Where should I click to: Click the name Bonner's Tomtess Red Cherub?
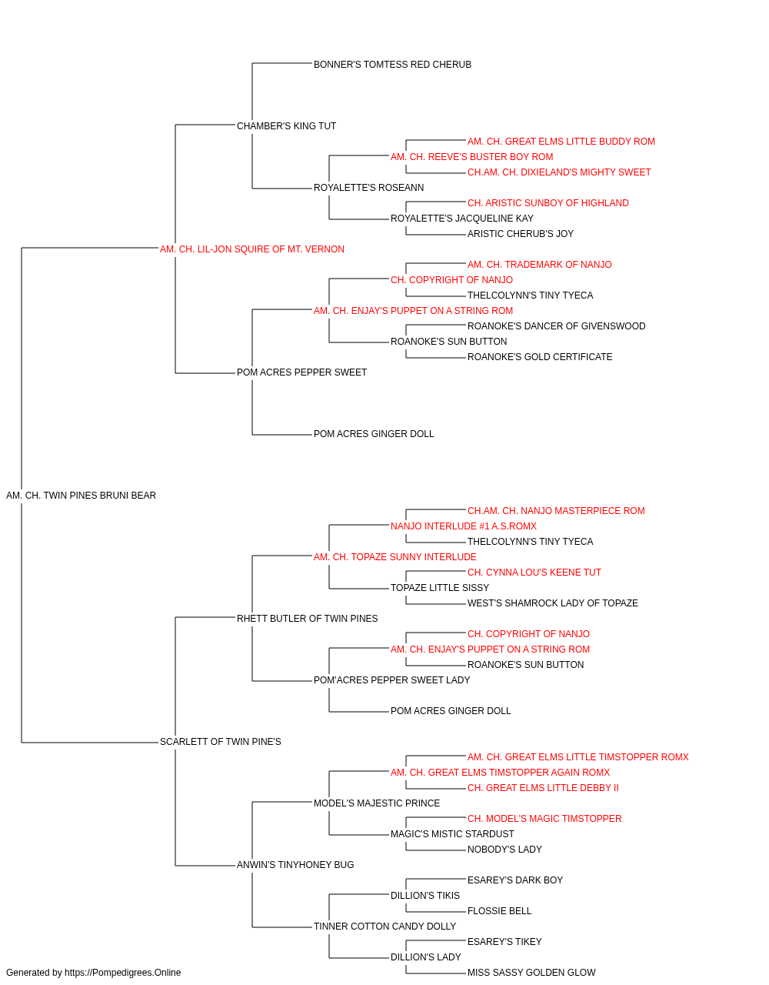(x=392, y=65)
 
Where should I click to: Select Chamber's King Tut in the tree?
(x=286, y=126)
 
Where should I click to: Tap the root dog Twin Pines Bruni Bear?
(x=81, y=496)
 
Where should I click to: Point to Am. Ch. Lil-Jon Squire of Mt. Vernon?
(x=251, y=249)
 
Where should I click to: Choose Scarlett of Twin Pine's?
(x=220, y=742)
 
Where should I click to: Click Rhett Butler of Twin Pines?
(x=307, y=619)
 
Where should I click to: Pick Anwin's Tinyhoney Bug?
(x=295, y=865)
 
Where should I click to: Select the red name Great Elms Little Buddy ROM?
(x=561, y=142)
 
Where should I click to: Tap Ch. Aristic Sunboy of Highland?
(x=548, y=203)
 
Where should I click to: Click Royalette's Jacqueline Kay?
(x=462, y=219)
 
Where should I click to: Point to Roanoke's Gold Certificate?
(x=540, y=357)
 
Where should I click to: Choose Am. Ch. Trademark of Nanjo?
(x=539, y=265)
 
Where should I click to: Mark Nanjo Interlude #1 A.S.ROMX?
(x=463, y=526)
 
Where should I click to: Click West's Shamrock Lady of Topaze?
(x=552, y=603)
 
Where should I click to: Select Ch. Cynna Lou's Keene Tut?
(x=534, y=573)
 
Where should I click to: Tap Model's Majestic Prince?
(x=377, y=803)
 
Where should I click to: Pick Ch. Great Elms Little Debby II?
(x=543, y=788)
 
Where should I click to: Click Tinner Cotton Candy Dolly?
(x=385, y=927)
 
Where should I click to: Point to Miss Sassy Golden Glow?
(x=531, y=973)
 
